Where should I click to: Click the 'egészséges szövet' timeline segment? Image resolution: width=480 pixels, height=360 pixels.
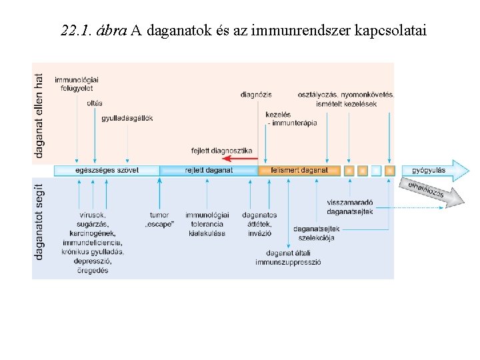(x=107, y=171)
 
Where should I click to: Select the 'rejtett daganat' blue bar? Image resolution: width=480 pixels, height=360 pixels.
(x=209, y=171)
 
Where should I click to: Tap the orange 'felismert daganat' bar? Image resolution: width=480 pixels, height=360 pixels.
(x=299, y=171)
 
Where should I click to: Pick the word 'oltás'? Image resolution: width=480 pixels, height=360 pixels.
(x=95, y=103)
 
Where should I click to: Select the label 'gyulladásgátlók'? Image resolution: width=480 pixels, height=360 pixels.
(x=127, y=119)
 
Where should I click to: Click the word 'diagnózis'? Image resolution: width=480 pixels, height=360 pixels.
(x=256, y=95)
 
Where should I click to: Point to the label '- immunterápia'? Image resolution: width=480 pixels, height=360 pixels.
(x=291, y=123)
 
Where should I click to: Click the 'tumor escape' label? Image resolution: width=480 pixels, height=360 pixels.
(x=159, y=219)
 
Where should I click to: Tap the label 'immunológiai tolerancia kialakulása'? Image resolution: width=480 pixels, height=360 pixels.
(x=207, y=224)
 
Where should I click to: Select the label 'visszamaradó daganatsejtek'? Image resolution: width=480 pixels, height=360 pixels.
(x=350, y=207)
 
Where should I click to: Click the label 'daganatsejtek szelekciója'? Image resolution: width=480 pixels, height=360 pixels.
(x=317, y=233)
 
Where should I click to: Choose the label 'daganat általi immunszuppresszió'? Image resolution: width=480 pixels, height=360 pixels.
(x=288, y=257)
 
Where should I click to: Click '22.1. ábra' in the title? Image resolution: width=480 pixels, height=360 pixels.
(x=93, y=31)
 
